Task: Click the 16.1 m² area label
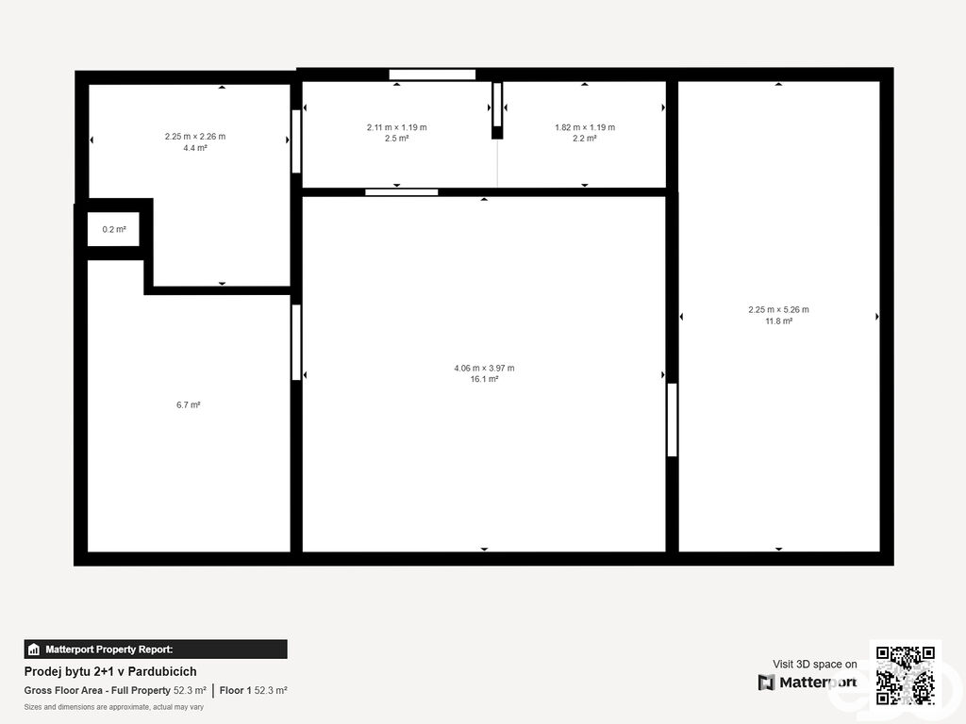[484, 379]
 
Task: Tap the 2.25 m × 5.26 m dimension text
[778, 309]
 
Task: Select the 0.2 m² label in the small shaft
[114, 230]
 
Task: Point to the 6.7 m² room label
[189, 405]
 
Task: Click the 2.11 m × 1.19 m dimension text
[397, 127]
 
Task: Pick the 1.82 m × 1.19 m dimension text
[585, 127]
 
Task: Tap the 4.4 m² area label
[195, 148]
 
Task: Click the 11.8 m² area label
[778, 321]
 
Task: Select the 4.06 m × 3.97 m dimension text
[484, 369]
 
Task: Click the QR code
[906, 675]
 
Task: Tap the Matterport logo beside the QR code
[808, 683]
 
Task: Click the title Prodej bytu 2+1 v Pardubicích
[110, 671]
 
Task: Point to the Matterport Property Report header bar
[156, 650]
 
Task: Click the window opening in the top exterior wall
[432, 74]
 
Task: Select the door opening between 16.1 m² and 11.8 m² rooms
[672, 420]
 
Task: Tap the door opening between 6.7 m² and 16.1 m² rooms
[296, 342]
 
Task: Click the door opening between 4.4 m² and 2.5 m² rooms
[296, 141]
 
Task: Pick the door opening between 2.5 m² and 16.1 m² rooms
[402, 192]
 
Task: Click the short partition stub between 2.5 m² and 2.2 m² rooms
[497, 111]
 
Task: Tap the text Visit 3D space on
[814, 665]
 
